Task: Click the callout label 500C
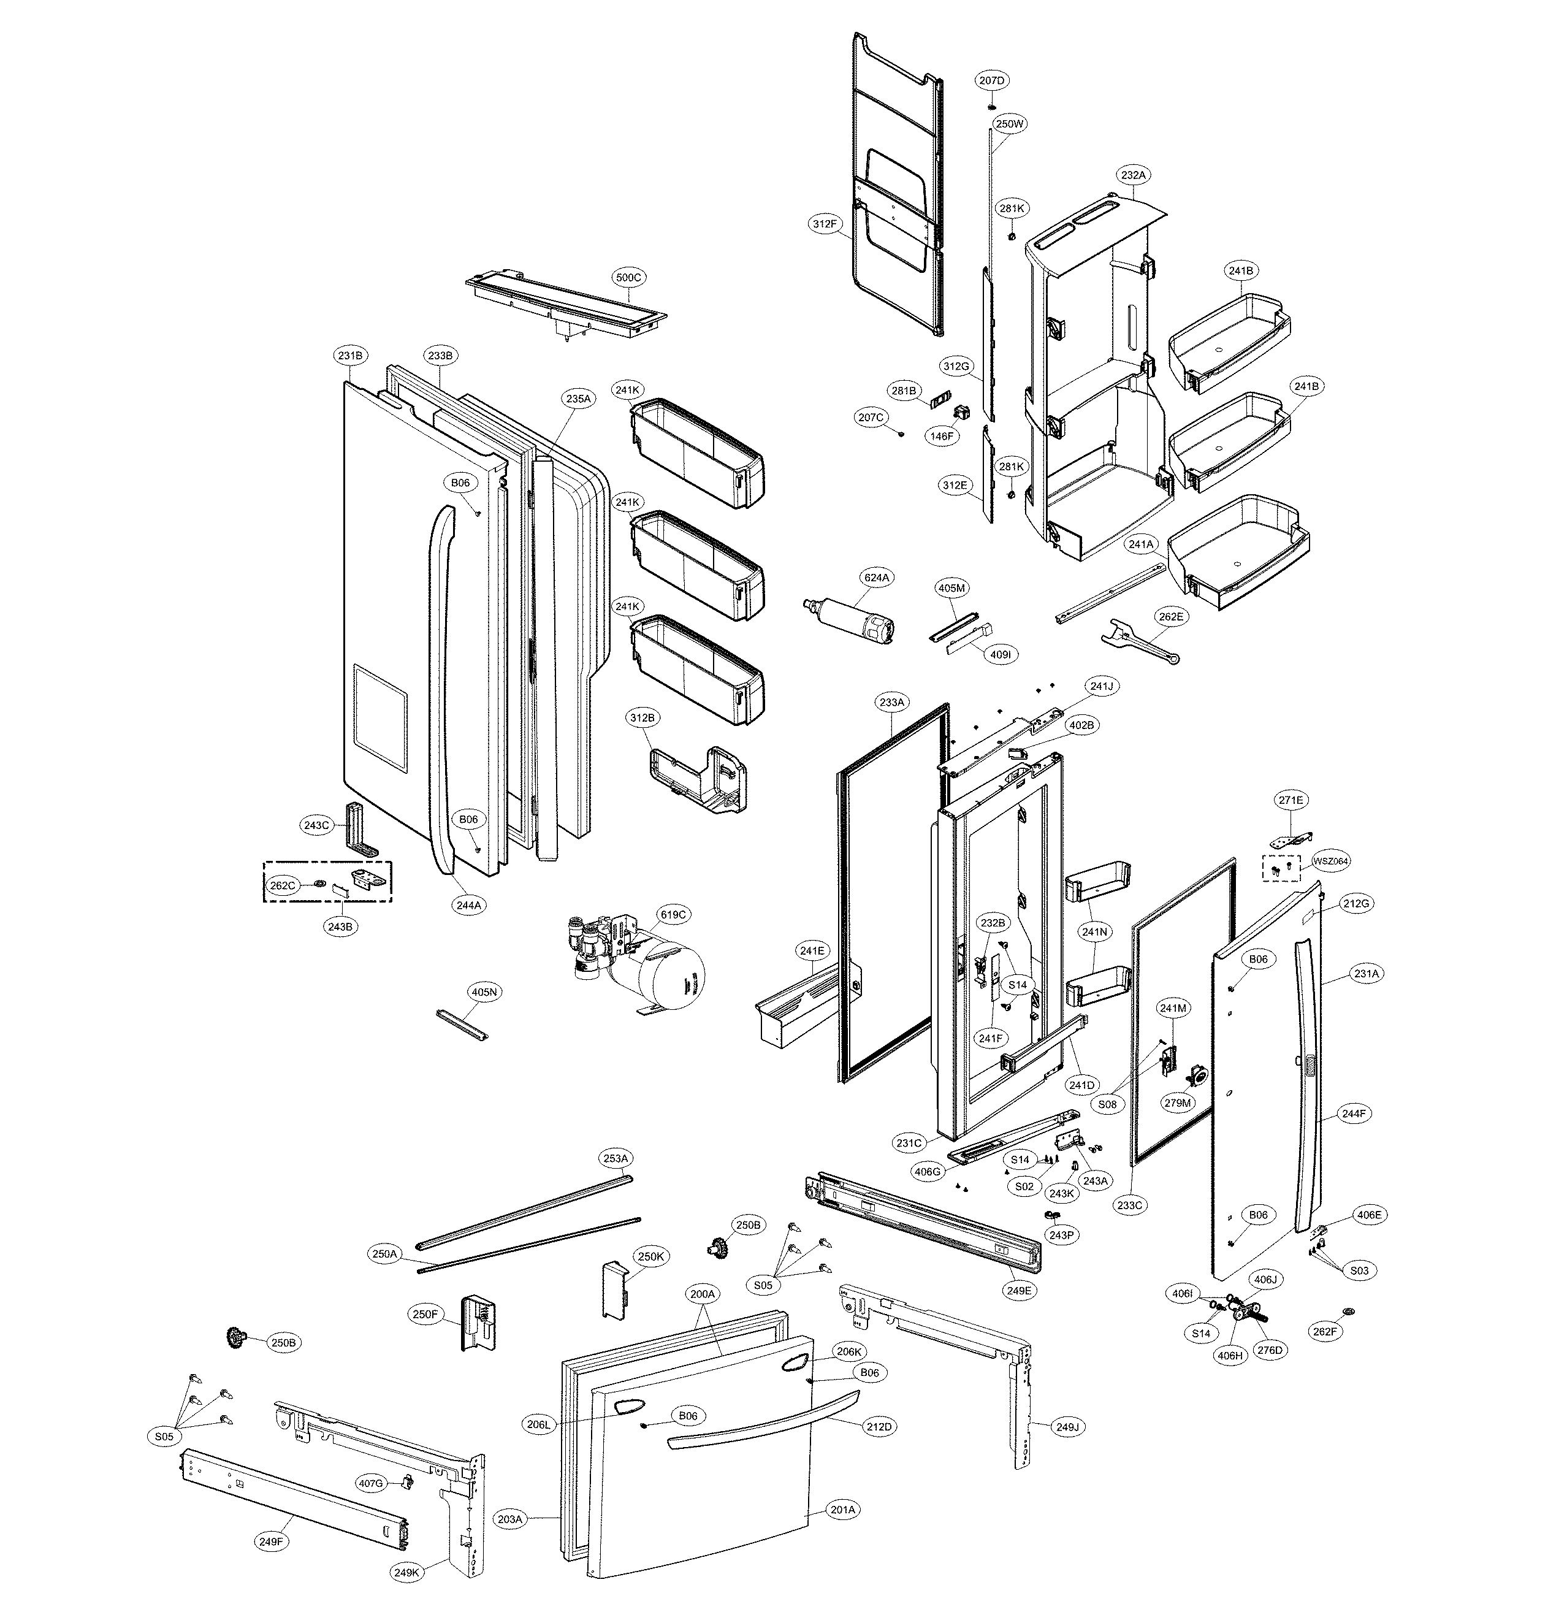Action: [628, 277]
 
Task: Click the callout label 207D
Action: [992, 80]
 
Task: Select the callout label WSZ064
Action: [1330, 861]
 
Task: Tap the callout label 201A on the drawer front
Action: [843, 1509]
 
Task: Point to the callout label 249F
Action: [272, 1541]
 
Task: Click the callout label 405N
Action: [484, 992]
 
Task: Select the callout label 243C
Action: [317, 825]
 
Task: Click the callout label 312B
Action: [642, 717]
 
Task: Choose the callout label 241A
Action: [1141, 544]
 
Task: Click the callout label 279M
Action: [1177, 1102]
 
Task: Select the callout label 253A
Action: [616, 1158]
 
